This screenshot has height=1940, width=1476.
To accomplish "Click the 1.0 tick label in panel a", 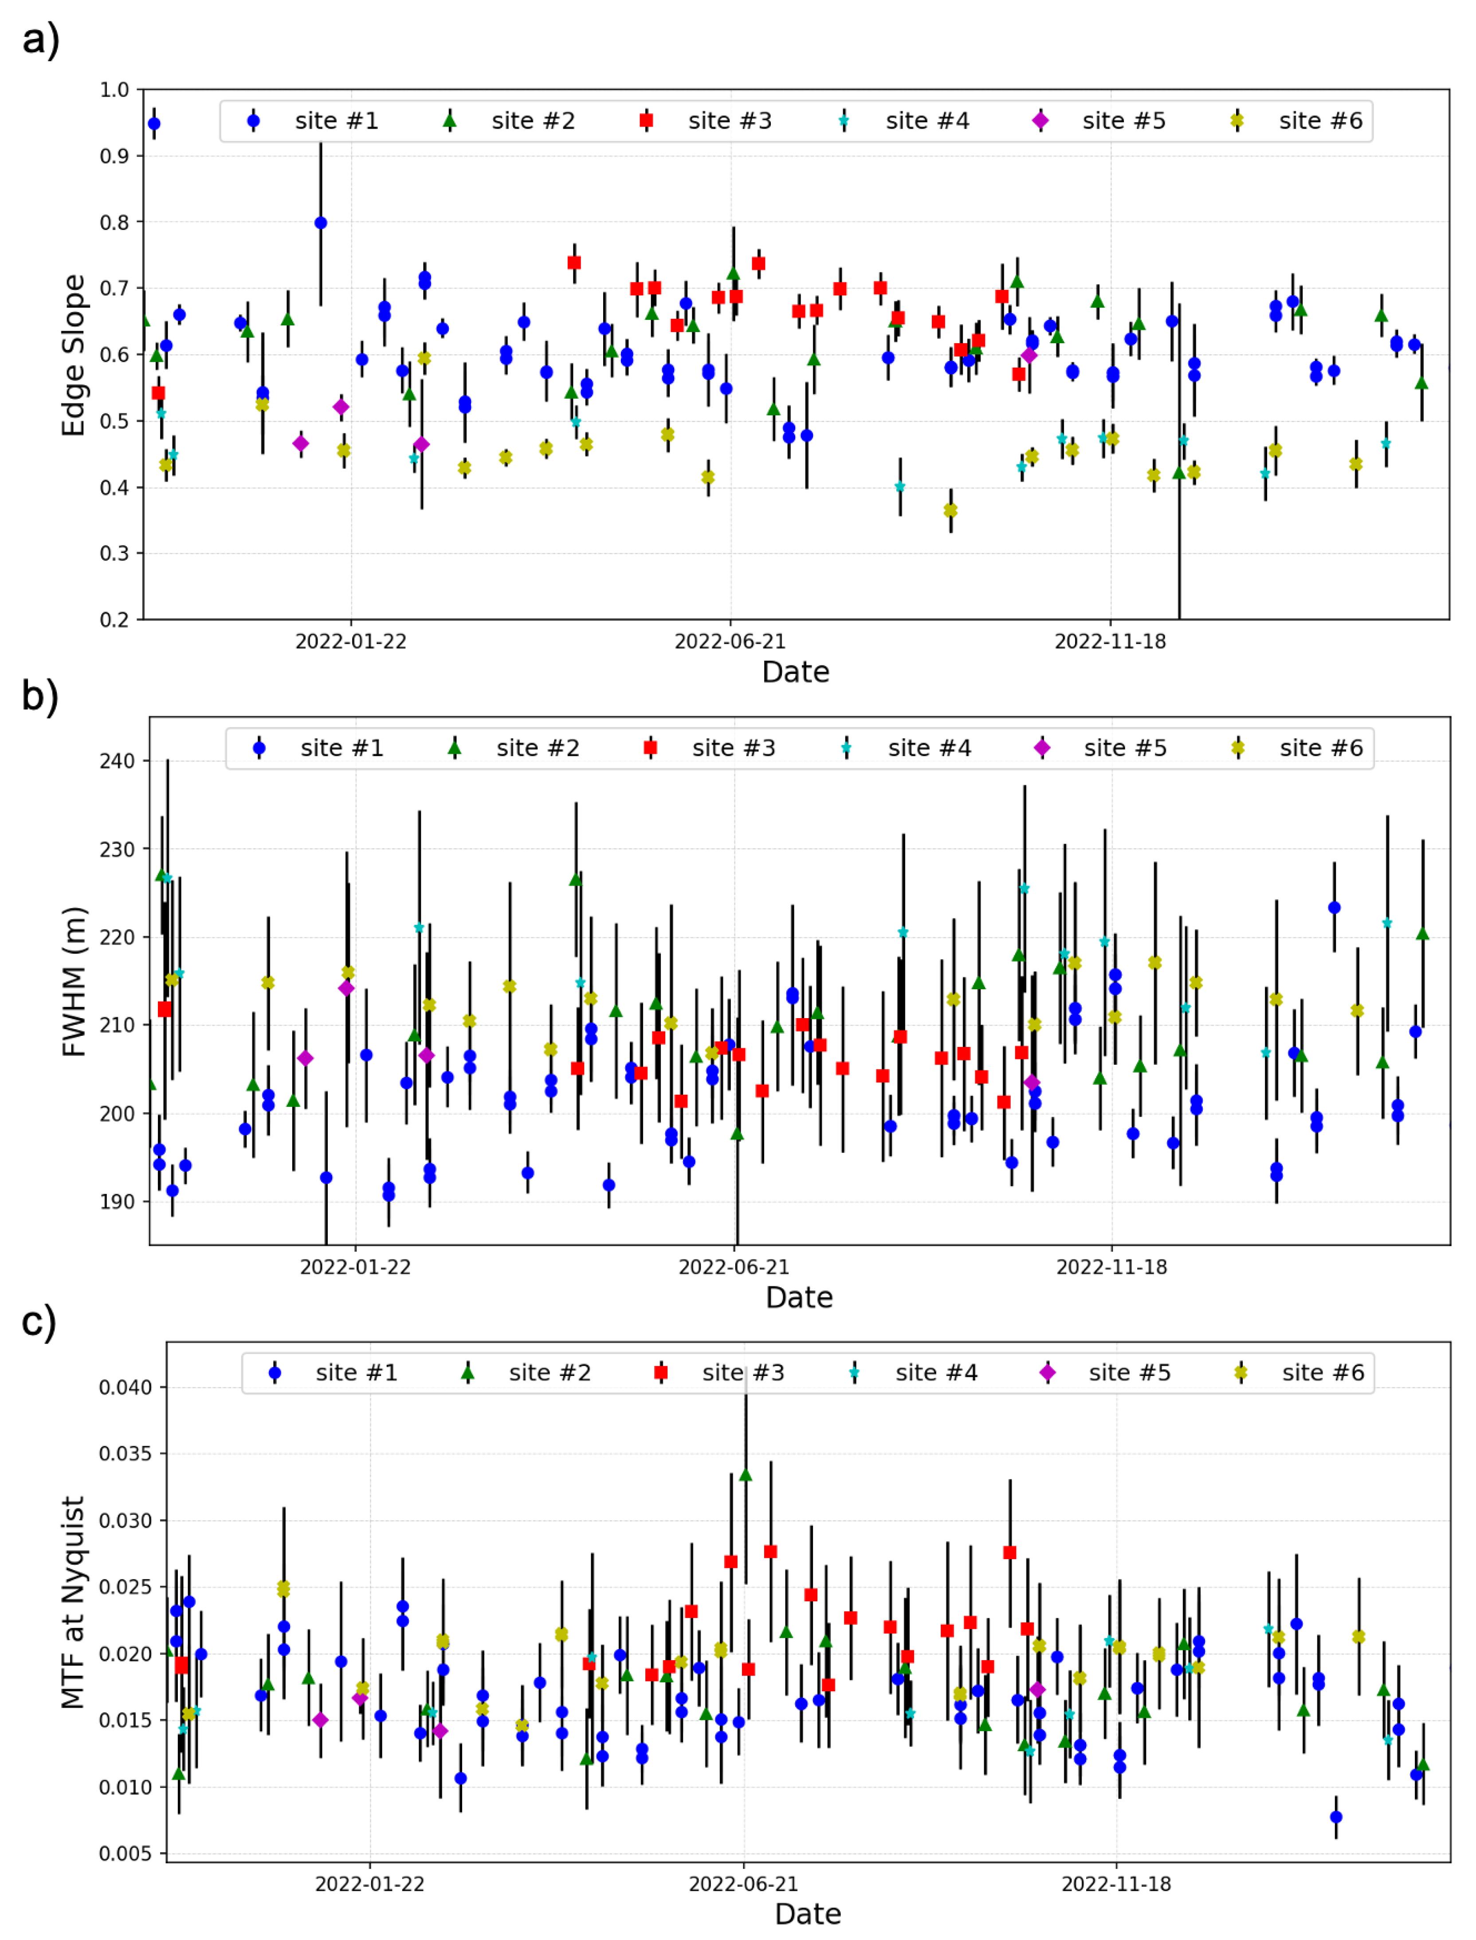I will click(114, 90).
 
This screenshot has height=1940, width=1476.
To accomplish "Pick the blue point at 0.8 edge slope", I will click(321, 223).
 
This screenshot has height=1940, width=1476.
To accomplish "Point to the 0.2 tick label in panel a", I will click(114, 620).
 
